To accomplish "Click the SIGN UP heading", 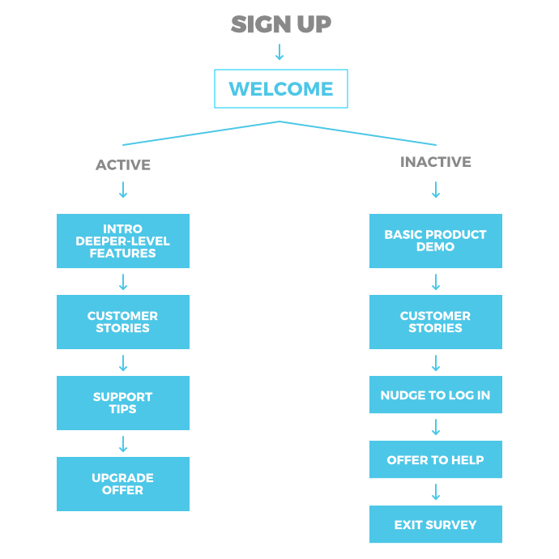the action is tap(281, 24).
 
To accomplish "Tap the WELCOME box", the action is tap(281, 89).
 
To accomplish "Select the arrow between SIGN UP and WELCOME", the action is tap(279, 52).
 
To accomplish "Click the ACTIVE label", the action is tap(123, 164).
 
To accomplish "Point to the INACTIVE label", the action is tap(436, 162).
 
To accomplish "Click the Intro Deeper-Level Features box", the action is tap(123, 241).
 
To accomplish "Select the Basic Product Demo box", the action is tap(436, 241).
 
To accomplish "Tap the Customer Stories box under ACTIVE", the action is tap(123, 322).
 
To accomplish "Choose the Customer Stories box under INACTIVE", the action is tap(436, 322).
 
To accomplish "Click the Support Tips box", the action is tap(123, 403).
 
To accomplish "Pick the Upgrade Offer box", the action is tap(123, 484).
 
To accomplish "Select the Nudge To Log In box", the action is tap(436, 395).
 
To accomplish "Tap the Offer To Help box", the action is tap(436, 459).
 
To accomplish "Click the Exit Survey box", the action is tap(436, 524).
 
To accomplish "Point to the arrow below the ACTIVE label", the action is tap(123, 190).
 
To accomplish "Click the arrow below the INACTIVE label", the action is tap(436, 190).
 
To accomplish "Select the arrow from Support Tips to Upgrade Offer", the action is tap(123, 444).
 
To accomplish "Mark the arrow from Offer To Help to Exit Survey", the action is tap(436, 492).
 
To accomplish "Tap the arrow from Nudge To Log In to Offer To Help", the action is tap(436, 427).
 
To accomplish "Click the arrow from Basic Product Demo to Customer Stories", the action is tap(436, 282).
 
